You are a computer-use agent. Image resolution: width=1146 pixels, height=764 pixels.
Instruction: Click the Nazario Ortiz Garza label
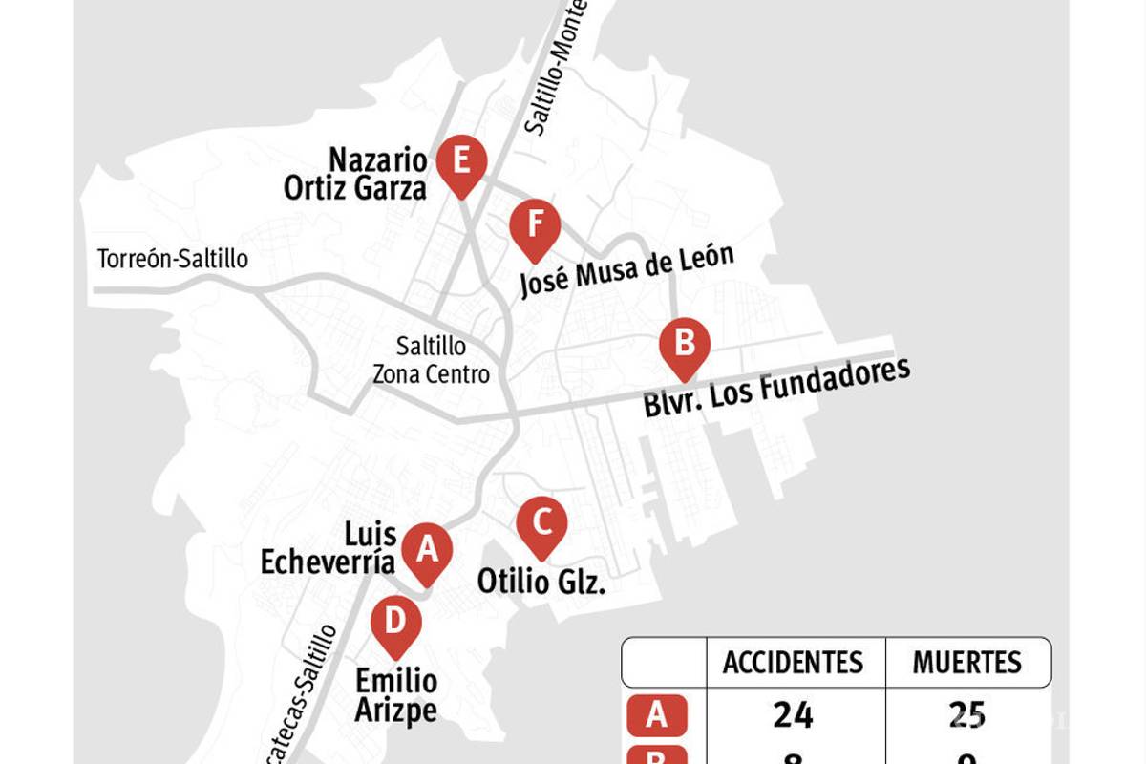pyautogui.click(x=355, y=174)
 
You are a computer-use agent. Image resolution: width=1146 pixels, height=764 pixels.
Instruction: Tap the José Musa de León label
pyautogui.click(x=626, y=270)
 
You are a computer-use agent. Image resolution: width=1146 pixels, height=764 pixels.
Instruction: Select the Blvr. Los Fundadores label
pyautogui.click(x=776, y=389)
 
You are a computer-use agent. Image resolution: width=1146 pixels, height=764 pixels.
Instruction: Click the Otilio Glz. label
pyautogui.click(x=541, y=581)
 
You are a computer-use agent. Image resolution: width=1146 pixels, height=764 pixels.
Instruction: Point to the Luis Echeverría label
pyautogui.click(x=329, y=548)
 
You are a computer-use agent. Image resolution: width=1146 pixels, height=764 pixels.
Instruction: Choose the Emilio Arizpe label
pyautogui.click(x=396, y=695)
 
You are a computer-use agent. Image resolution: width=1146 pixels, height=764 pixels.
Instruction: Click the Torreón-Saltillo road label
pyautogui.click(x=173, y=259)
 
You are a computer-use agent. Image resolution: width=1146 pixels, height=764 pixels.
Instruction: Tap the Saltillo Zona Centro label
pyautogui.click(x=431, y=360)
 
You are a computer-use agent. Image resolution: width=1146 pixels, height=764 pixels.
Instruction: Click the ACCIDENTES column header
pyautogui.click(x=793, y=662)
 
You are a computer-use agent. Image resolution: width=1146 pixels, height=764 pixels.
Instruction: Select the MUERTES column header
pyautogui.click(x=966, y=662)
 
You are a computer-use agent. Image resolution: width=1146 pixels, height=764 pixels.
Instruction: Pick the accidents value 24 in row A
pyautogui.click(x=793, y=714)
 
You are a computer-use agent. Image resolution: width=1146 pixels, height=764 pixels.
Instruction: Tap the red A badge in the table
pyautogui.click(x=655, y=715)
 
